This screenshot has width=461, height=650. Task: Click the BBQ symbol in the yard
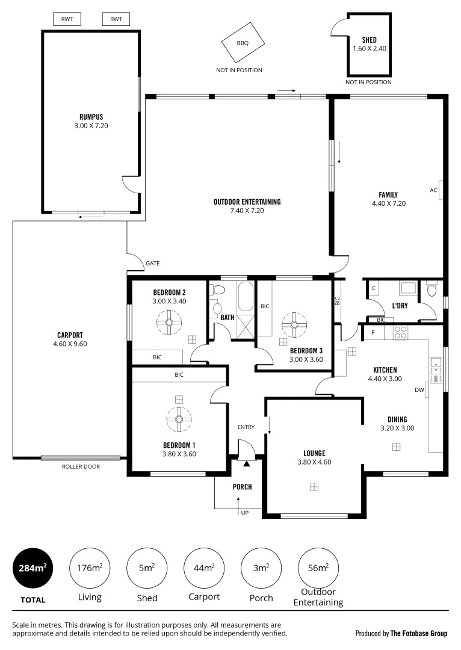coord(243,44)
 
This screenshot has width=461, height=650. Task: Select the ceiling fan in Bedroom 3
coord(294,325)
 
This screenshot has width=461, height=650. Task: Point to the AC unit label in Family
coord(433,190)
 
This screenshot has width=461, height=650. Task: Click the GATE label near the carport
coord(153,264)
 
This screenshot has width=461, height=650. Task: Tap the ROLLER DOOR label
coord(81,466)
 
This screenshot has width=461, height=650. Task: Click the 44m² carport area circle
coord(204,568)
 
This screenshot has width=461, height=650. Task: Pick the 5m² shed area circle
coord(147,568)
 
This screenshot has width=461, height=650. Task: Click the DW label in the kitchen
coord(419,390)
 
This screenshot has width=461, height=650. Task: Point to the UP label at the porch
coord(245,513)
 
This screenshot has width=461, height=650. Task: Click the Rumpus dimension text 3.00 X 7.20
coord(89,126)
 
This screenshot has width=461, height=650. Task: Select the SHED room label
coord(369,40)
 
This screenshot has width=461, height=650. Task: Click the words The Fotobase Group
coord(419,633)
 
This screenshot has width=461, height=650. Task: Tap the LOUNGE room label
coord(314,453)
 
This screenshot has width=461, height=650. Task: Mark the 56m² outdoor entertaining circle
coord(318,568)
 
